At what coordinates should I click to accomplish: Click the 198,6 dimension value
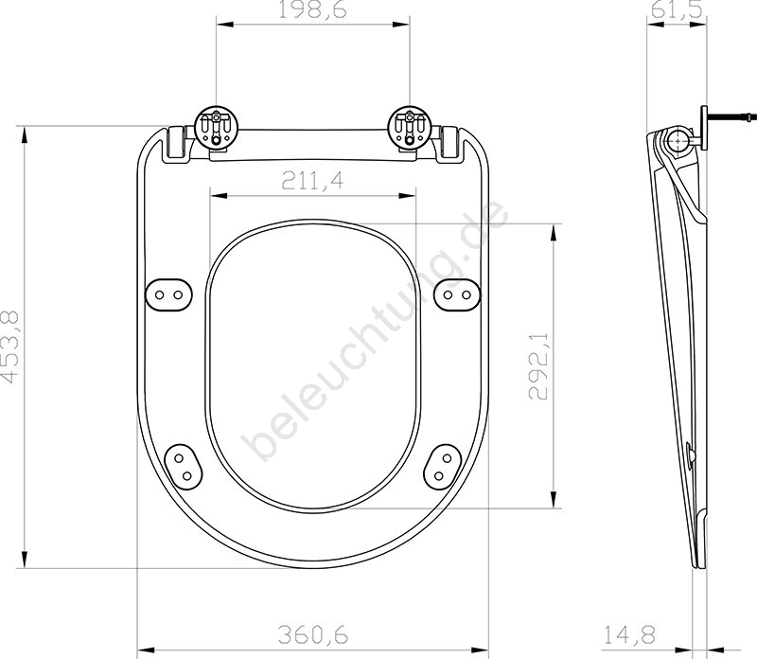tap(313, 9)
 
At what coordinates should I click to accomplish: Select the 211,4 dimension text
tap(313, 181)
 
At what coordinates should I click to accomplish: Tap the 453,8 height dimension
tap(9, 347)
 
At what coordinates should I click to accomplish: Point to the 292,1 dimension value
tap(537, 365)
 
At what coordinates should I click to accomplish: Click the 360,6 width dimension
tap(313, 634)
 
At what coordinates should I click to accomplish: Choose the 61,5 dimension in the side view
tap(676, 9)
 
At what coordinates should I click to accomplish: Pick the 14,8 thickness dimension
tap(629, 634)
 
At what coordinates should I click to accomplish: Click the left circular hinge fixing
tap(216, 126)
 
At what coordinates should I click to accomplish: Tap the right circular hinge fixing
tap(410, 126)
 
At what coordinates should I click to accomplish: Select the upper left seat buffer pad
tap(169, 294)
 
